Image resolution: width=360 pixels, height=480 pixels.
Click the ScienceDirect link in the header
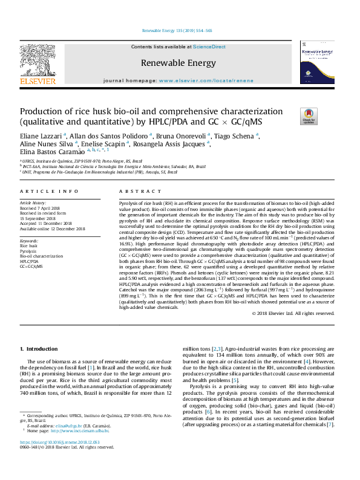click(209, 47)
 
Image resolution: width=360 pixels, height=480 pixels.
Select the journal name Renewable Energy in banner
click(178, 63)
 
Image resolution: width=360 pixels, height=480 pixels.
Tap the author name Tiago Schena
click(237, 136)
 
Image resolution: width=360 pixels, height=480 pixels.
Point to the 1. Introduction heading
click(39, 349)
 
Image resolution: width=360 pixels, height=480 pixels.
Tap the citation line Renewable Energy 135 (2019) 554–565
click(177, 30)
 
